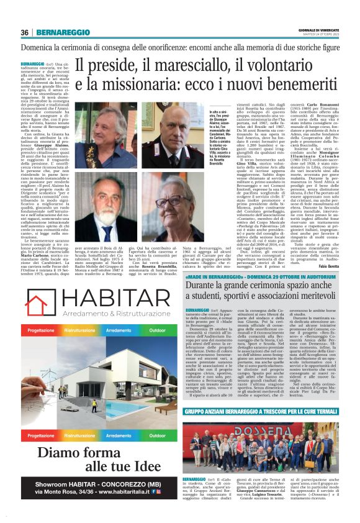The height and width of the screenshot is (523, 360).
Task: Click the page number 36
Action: click(x=25, y=32)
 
